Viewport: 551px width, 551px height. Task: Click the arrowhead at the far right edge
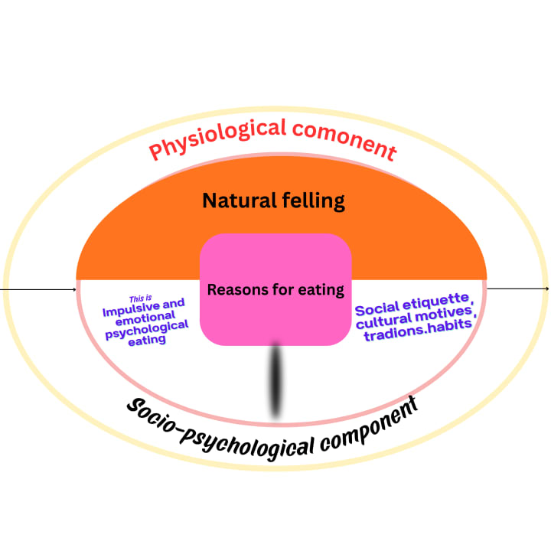pyautogui.click(x=546, y=288)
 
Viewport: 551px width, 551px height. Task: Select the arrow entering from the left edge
pyautogui.click(x=38, y=290)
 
